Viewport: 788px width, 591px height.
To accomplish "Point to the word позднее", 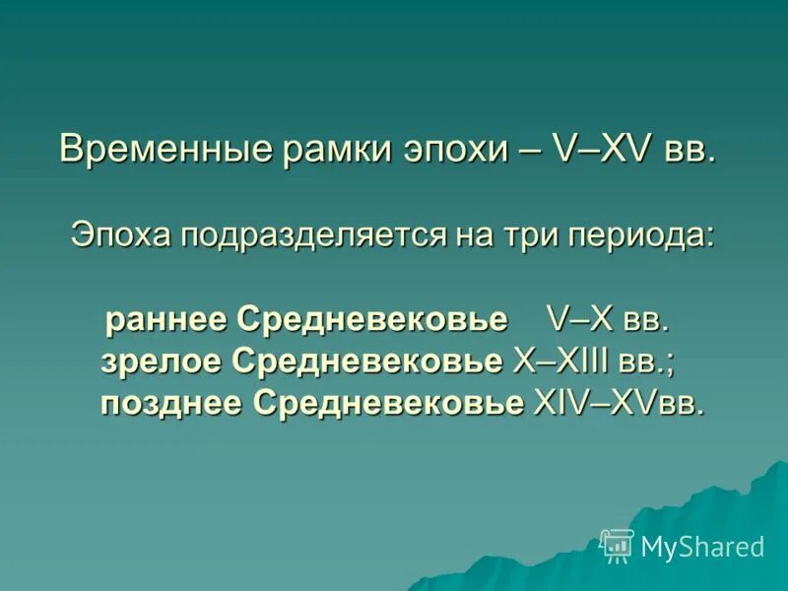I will [172, 403].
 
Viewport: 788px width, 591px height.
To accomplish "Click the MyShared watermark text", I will [702, 547].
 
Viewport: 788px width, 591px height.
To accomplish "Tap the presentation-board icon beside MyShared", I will [617, 545].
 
